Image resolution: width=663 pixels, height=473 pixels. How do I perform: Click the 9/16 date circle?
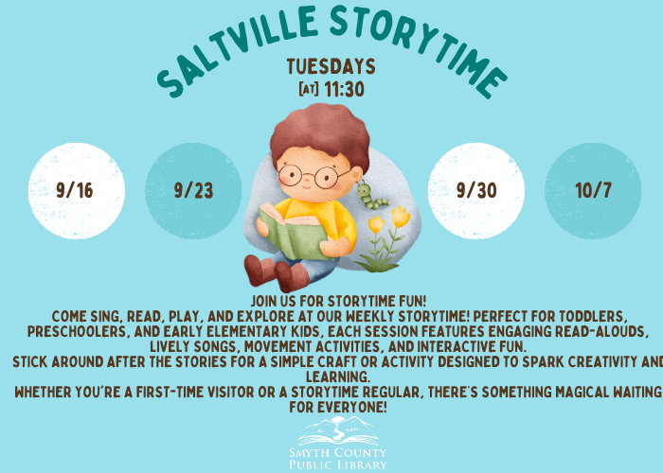(x=77, y=191)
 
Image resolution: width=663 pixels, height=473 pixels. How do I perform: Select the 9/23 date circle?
(x=193, y=191)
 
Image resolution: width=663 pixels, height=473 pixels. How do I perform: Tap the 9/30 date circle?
(x=476, y=191)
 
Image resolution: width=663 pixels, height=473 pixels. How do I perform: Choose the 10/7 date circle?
(x=593, y=191)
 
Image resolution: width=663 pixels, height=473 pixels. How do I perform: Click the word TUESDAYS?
(x=331, y=67)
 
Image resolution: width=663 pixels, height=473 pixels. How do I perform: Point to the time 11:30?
(x=344, y=90)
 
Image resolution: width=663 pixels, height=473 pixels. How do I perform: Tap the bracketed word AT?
(x=309, y=89)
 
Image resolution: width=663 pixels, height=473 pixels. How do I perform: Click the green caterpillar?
(x=371, y=196)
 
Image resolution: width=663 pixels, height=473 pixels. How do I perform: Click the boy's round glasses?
(x=314, y=176)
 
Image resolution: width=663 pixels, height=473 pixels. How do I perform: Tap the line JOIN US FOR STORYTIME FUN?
(x=339, y=301)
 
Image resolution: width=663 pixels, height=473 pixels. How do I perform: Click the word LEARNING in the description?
(x=338, y=377)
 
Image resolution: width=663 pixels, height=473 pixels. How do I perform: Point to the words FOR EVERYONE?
(x=338, y=407)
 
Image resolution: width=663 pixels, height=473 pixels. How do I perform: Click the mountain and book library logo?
(x=338, y=431)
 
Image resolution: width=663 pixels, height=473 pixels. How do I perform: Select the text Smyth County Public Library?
(x=338, y=459)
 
